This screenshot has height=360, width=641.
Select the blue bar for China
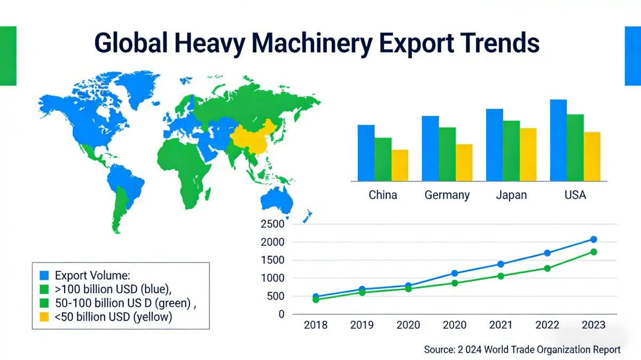[x=366, y=152]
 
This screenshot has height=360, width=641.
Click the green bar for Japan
[x=511, y=150]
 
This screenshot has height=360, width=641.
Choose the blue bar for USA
[x=558, y=140]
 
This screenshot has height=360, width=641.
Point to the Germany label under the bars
[x=447, y=195]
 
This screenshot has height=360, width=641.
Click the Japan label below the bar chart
[x=511, y=195]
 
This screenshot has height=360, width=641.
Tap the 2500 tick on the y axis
[x=273, y=224]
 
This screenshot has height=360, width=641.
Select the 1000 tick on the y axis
[x=273, y=278]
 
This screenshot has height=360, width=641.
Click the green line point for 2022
[x=548, y=268]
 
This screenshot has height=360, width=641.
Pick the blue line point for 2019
[x=363, y=289]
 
